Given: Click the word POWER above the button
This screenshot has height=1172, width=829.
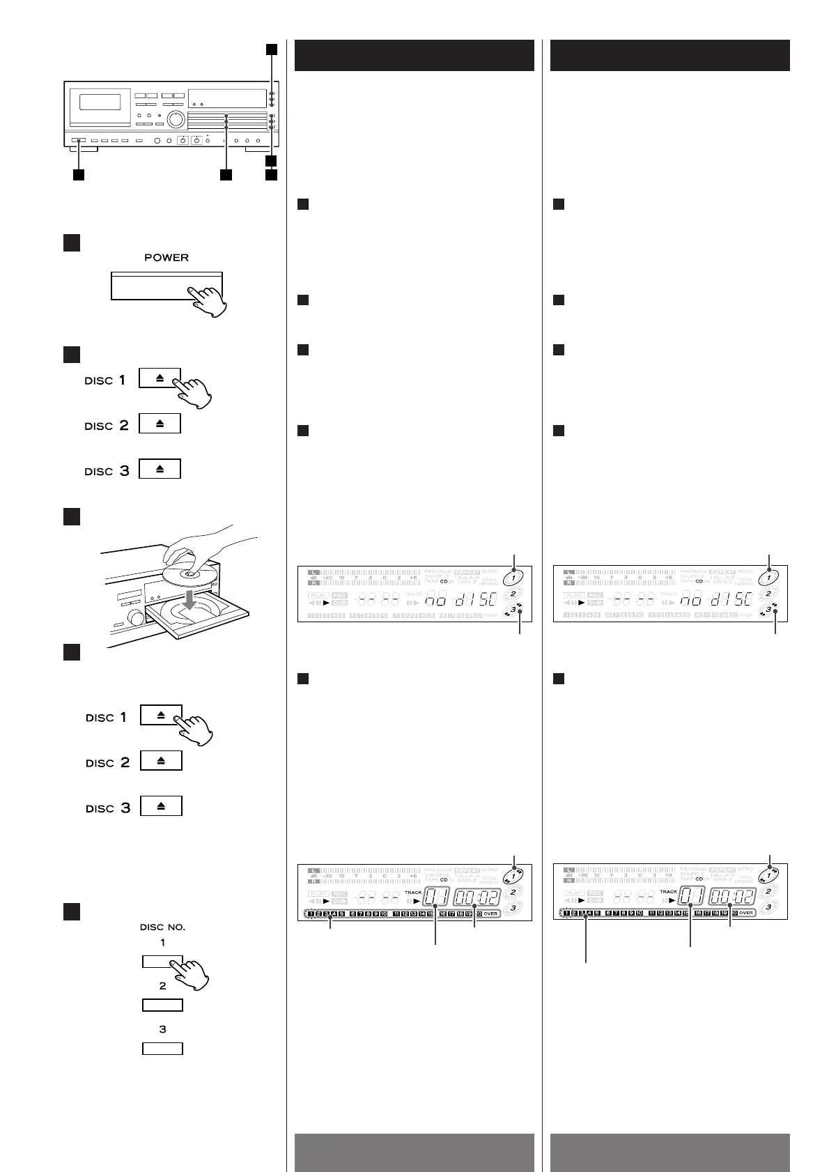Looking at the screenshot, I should click(x=166, y=257).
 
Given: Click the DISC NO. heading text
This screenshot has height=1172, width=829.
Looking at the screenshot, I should click(x=162, y=927).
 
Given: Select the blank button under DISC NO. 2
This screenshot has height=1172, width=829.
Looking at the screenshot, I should click(x=162, y=1005).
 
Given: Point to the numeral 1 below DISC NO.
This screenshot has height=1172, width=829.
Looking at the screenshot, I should click(x=162, y=943).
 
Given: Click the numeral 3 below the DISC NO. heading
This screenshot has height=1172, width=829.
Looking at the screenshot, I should click(x=162, y=1029).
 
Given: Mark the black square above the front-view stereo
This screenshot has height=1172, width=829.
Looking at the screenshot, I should click(x=271, y=49).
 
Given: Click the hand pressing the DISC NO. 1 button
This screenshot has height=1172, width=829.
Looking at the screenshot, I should click(x=192, y=972).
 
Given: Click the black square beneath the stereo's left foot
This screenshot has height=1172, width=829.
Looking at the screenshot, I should click(x=79, y=174).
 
